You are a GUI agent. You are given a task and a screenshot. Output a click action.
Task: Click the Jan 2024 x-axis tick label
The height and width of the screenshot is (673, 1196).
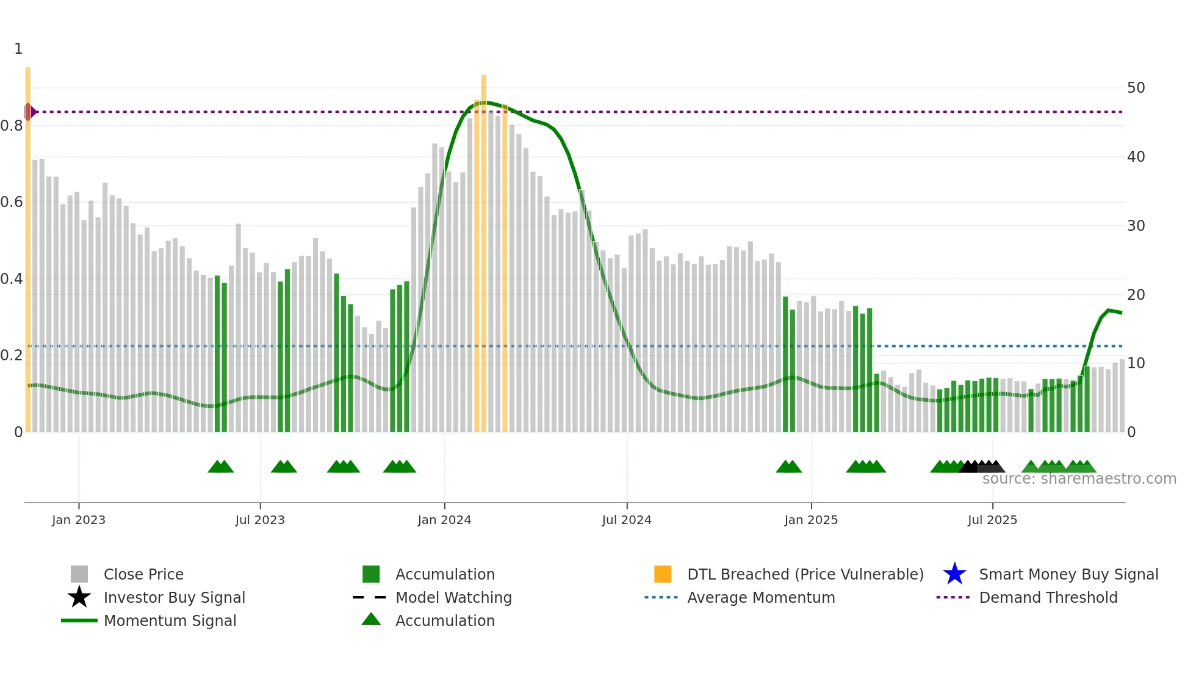444,520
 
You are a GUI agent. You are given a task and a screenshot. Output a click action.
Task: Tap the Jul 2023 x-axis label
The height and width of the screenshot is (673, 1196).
260,520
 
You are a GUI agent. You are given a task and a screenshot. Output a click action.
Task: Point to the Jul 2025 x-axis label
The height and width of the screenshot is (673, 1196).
992,520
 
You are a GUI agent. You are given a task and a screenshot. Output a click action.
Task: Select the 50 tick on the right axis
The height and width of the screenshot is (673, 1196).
1136,88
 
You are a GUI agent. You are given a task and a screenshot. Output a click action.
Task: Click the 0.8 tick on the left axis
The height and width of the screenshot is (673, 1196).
12,126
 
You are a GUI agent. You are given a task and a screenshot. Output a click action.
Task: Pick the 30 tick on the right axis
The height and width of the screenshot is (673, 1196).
1136,226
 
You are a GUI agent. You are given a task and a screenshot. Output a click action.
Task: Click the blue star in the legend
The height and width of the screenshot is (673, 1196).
954,574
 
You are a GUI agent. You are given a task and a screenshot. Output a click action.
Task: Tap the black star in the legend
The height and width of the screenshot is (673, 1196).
79,597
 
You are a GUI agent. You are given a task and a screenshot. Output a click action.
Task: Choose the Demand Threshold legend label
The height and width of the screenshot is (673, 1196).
1048,597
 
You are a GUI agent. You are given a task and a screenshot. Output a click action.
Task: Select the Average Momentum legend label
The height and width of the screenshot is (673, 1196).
761,597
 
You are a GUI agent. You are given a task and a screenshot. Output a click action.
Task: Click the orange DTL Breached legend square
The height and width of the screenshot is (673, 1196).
663,574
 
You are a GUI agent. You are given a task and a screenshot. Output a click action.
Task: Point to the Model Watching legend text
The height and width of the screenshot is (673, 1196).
453,597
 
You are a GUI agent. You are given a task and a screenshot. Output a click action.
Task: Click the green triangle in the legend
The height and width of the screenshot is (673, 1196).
371,619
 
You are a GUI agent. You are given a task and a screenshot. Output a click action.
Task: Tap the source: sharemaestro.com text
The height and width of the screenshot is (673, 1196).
1079,479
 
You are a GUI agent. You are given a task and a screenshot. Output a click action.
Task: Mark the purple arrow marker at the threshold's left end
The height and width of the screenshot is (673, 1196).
31,112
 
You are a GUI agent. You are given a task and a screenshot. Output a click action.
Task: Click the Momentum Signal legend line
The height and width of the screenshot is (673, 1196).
79,620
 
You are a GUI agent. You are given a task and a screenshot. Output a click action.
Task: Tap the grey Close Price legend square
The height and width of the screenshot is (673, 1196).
79,574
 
